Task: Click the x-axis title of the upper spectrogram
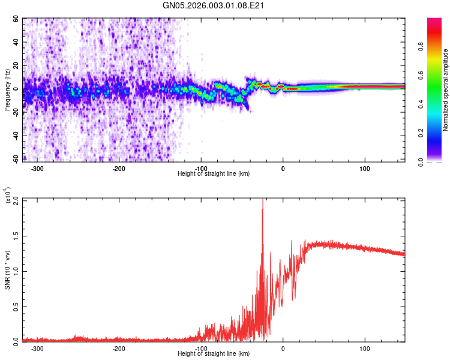pos(214,174)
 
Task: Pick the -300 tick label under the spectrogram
pos(37,168)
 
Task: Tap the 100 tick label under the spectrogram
pos(364,168)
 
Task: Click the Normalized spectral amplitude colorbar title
pos(445,90)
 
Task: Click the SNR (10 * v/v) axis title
pos(8,270)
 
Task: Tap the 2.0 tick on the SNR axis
pos(15,200)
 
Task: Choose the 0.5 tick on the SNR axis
pos(15,305)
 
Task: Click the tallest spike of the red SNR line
pos(262,201)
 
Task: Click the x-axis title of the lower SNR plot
pos(214,354)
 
